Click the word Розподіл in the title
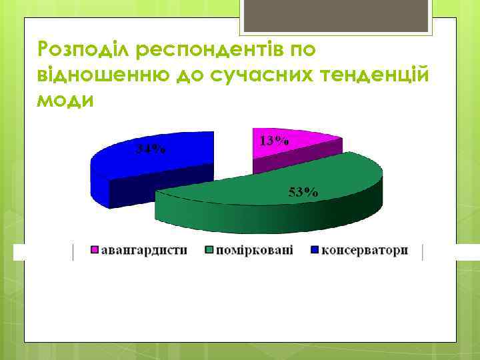click(79, 49)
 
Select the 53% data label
click(303, 192)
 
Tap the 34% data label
click(152, 149)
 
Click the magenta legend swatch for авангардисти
click(95, 251)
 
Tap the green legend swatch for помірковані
click(209, 251)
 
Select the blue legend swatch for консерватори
click(315, 251)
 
